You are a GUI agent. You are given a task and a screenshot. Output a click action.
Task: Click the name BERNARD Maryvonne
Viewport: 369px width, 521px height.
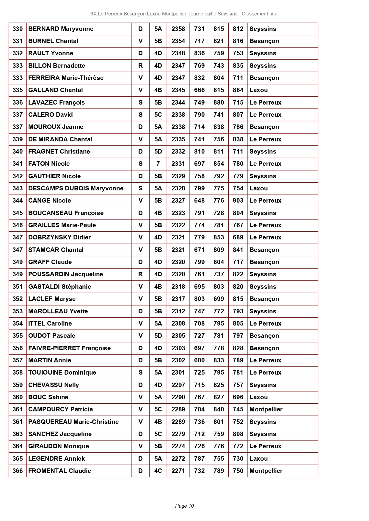coord(61,29)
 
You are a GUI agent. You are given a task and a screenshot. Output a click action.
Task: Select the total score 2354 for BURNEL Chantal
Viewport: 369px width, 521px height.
coord(178,41)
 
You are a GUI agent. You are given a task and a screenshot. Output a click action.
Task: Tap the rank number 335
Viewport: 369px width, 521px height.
coord(18,90)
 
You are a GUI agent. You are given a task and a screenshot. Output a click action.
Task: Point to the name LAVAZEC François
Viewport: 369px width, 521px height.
coord(56,102)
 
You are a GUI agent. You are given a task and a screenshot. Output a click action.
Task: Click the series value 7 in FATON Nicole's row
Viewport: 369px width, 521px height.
coord(158,164)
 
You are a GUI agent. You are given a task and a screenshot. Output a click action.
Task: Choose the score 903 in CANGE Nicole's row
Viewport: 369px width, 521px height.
coord(238,200)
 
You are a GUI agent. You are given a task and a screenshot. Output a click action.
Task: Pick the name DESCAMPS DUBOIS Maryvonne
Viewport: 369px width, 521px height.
coord(76,188)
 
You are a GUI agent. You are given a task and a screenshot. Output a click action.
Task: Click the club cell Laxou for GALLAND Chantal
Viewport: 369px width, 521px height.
coord(258,90)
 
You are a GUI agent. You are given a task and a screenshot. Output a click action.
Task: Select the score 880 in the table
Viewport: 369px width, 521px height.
coord(219,102)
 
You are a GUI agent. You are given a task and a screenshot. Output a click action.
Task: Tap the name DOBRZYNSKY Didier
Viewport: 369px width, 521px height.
coord(59,237)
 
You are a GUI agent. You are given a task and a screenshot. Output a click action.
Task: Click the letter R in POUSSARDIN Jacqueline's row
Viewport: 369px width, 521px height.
coord(140,274)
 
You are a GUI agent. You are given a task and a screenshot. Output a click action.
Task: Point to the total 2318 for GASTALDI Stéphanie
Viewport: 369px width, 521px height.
coord(178,287)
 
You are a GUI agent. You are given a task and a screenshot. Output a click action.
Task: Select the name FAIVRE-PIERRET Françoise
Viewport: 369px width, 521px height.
coord(69,348)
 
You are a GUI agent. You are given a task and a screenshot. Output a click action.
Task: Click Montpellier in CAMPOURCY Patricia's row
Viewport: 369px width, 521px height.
coord(266,409)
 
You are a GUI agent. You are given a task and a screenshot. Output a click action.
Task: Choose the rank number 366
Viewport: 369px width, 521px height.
coord(18,471)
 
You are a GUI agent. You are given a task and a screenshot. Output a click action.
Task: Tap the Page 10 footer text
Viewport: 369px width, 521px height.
coord(184,506)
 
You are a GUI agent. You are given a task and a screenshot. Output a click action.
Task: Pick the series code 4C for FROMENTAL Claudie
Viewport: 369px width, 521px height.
coord(158,471)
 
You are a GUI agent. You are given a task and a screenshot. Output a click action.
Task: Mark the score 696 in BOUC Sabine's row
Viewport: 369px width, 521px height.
coord(238,397)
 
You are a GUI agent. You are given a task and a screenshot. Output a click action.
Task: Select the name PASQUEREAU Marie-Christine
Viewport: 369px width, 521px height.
coord(73,422)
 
